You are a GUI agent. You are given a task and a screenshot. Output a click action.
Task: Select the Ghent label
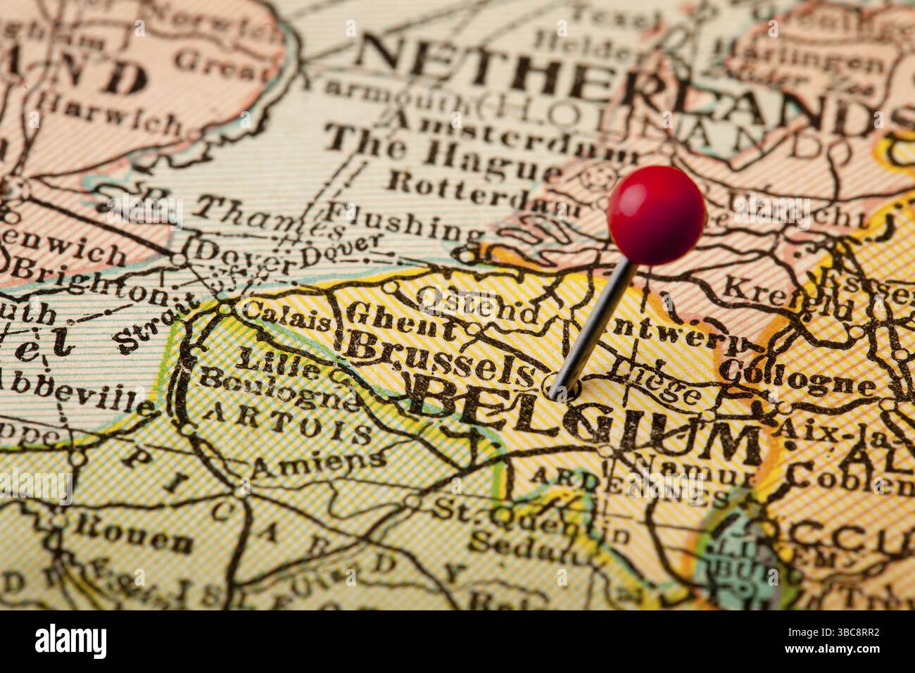[x=402, y=320]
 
